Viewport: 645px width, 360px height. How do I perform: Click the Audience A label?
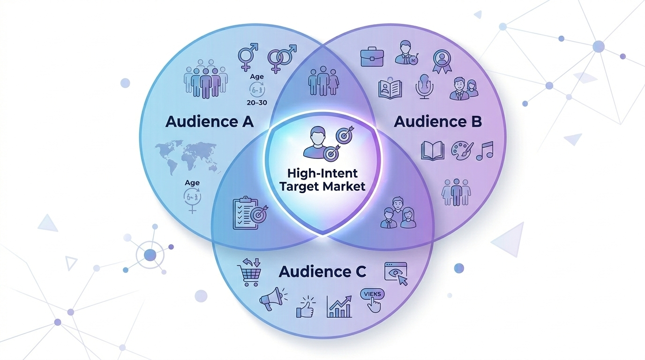[210, 122]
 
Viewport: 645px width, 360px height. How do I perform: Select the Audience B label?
[438, 122]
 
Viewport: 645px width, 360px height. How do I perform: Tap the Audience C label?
[323, 271]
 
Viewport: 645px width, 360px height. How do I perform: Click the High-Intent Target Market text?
[322, 180]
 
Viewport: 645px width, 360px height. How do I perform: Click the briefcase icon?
[373, 57]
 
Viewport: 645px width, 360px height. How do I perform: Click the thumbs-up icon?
[306, 307]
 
